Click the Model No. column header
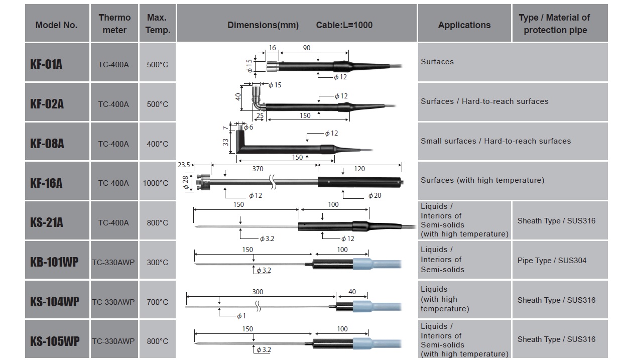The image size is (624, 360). pyautogui.click(x=56, y=25)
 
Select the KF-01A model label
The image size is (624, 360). pyautogui.click(x=46, y=64)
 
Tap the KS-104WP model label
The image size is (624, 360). pyautogui.click(x=54, y=302)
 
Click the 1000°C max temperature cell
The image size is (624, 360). pyautogui.click(x=156, y=183)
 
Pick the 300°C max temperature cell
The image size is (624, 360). pyautogui.click(x=157, y=263)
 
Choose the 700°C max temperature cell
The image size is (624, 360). pyautogui.click(x=157, y=302)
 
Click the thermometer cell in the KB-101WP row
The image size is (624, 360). pyautogui.click(x=113, y=263)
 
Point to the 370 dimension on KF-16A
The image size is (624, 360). pyautogui.click(x=257, y=170)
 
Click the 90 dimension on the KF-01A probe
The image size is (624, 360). pyautogui.click(x=307, y=48)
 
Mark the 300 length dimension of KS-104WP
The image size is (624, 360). pyautogui.click(x=258, y=292)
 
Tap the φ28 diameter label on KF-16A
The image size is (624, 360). pyautogui.click(x=186, y=183)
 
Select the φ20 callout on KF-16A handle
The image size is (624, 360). pyautogui.click(x=375, y=196)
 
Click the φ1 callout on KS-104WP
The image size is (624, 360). pyautogui.click(x=241, y=316)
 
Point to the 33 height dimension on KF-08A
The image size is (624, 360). pyautogui.click(x=225, y=142)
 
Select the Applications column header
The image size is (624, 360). pyautogui.click(x=464, y=25)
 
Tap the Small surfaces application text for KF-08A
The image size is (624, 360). pyautogui.click(x=495, y=141)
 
